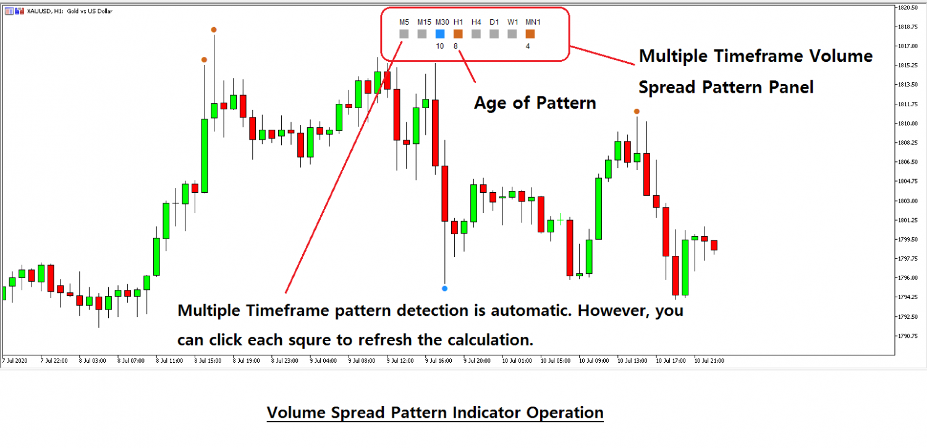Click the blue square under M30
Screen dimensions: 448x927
click(x=440, y=34)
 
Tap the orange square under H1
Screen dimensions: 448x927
click(x=458, y=34)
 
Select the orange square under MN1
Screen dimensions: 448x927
click(x=530, y=34)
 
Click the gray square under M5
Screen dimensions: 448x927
click(x=404, y=34)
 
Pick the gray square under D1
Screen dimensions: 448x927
click(x=494, y=34)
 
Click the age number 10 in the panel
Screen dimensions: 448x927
click(x=440, y=46)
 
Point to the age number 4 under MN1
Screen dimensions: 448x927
click(x=528, y=46)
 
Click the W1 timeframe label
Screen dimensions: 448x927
click(x=512, y=22)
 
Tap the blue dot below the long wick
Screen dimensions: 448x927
click(x=444, y=289)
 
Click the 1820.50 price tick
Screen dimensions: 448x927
click(x=912, y=7)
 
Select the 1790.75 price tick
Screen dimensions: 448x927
click(x=912, y=336)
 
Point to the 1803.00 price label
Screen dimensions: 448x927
click(x=912, y=201)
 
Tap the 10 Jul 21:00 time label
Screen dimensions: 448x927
click(x=709, y=360)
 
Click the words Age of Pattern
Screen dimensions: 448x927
click(x=535, y=103)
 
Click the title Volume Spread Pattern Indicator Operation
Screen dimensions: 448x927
click(x=434, y=412)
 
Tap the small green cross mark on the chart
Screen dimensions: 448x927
click(x=561, y=219)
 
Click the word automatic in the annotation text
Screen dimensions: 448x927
click(x=528, y=310)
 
